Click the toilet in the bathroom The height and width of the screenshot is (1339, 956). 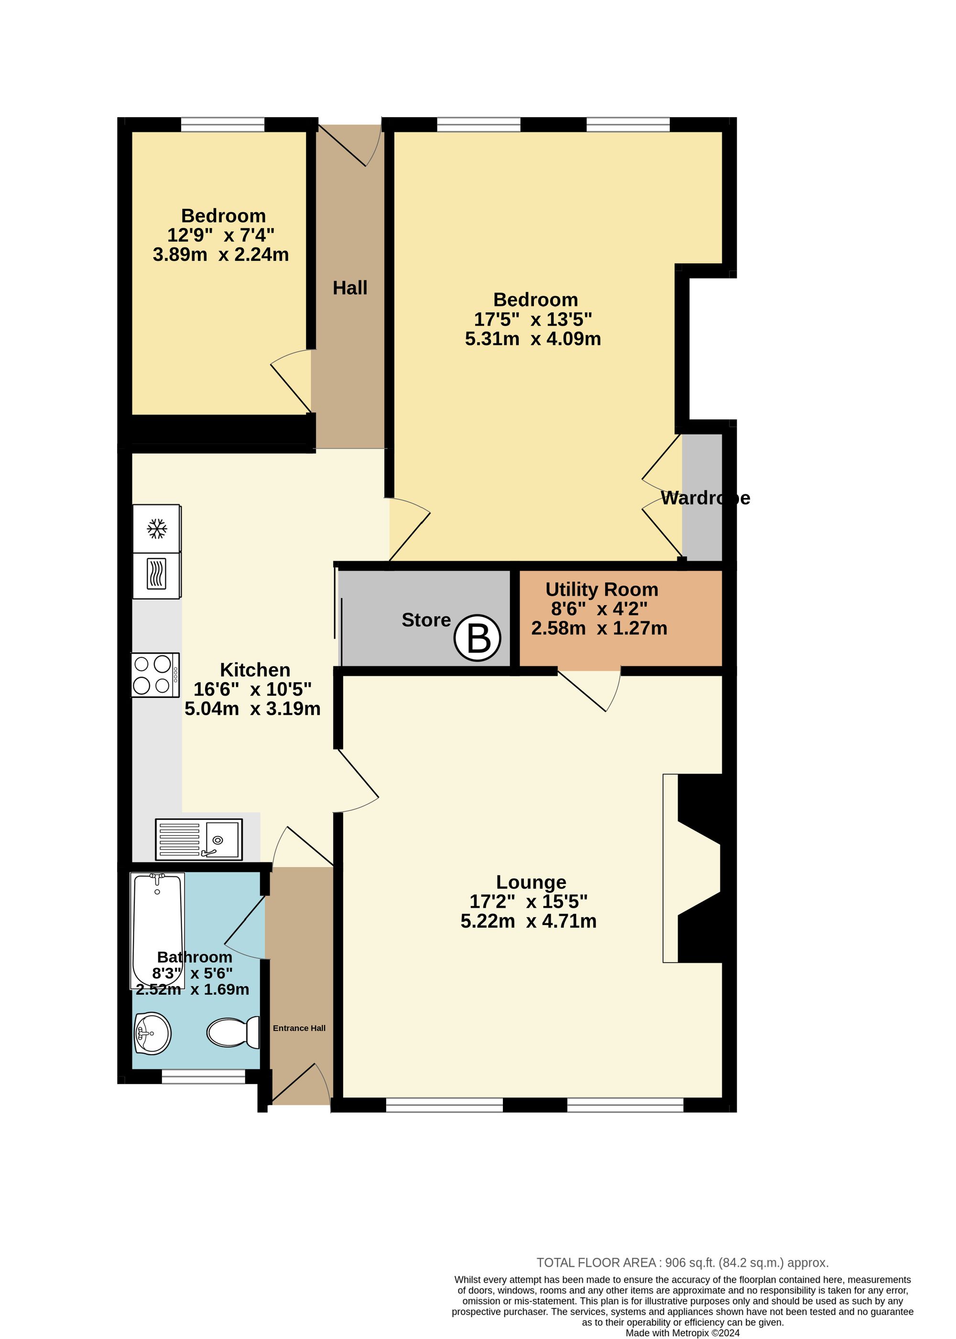click(x=234, y=1033)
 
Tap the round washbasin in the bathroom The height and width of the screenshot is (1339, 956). click(x=152, y=1033)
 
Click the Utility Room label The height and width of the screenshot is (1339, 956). click(x=601, y=589)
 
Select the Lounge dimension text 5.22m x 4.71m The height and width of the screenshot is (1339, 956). click(x=528, y=921)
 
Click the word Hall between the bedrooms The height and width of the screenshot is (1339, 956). click(x=350, y=288)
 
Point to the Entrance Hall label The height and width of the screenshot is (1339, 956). click(x=299, y=1028)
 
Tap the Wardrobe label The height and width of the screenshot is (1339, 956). click(x=705, y=498)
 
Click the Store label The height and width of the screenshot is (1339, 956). click(x=425, y=620)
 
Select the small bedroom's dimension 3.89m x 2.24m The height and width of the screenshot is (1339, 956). click(x=221, y=255)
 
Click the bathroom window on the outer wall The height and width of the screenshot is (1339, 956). click(x=203, y=1077)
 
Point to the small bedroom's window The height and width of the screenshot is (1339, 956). click(x=223, y=124)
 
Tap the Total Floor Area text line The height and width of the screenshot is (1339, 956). click(x=682, y=1263)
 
